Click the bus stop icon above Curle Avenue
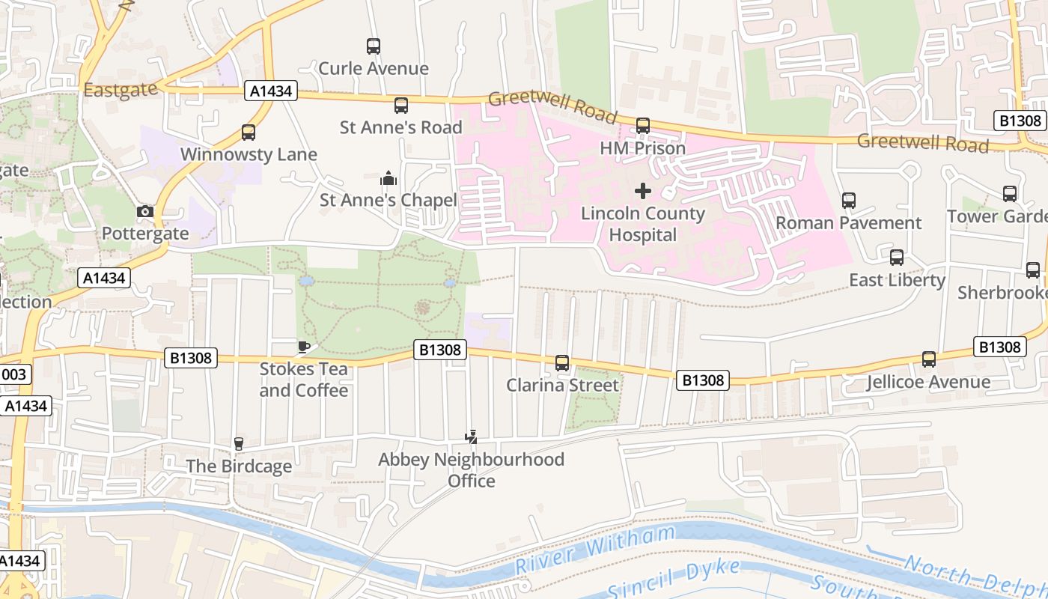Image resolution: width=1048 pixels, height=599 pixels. (x=374, y=46)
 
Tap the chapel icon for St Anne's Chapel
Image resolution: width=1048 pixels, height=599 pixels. (x=388, y=179)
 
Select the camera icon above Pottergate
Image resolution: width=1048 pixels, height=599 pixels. (x=145, y=212)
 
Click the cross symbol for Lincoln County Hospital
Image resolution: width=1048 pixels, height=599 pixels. (x=643, y=191)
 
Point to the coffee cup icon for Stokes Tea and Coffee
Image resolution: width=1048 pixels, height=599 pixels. (x=303, y=347)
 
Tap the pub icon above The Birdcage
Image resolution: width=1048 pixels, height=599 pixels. (x=239, y=444)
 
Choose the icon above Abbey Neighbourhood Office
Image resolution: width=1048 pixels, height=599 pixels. (x=471, y=437)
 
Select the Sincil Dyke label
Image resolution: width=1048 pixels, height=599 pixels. (x=674, y=580)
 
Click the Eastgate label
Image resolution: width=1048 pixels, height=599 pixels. (x=121, y=90)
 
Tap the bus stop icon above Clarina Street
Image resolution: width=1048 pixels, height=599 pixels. (x=562, y=363)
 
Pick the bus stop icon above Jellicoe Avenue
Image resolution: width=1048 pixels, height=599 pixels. (x=929, y=359)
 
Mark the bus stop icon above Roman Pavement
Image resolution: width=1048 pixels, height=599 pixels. (x=848, y=201)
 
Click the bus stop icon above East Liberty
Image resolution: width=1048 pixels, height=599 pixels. (x=897, y=258)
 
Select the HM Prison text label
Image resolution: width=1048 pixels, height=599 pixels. (x=643, y=148)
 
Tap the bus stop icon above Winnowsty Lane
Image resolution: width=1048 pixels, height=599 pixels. (x=249, y=133)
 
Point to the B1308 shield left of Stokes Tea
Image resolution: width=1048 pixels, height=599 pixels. (x=191, y=358)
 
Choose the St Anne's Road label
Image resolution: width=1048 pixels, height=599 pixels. (x=401, y=127)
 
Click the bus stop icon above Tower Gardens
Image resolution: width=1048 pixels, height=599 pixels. (x=1010, y=194)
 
